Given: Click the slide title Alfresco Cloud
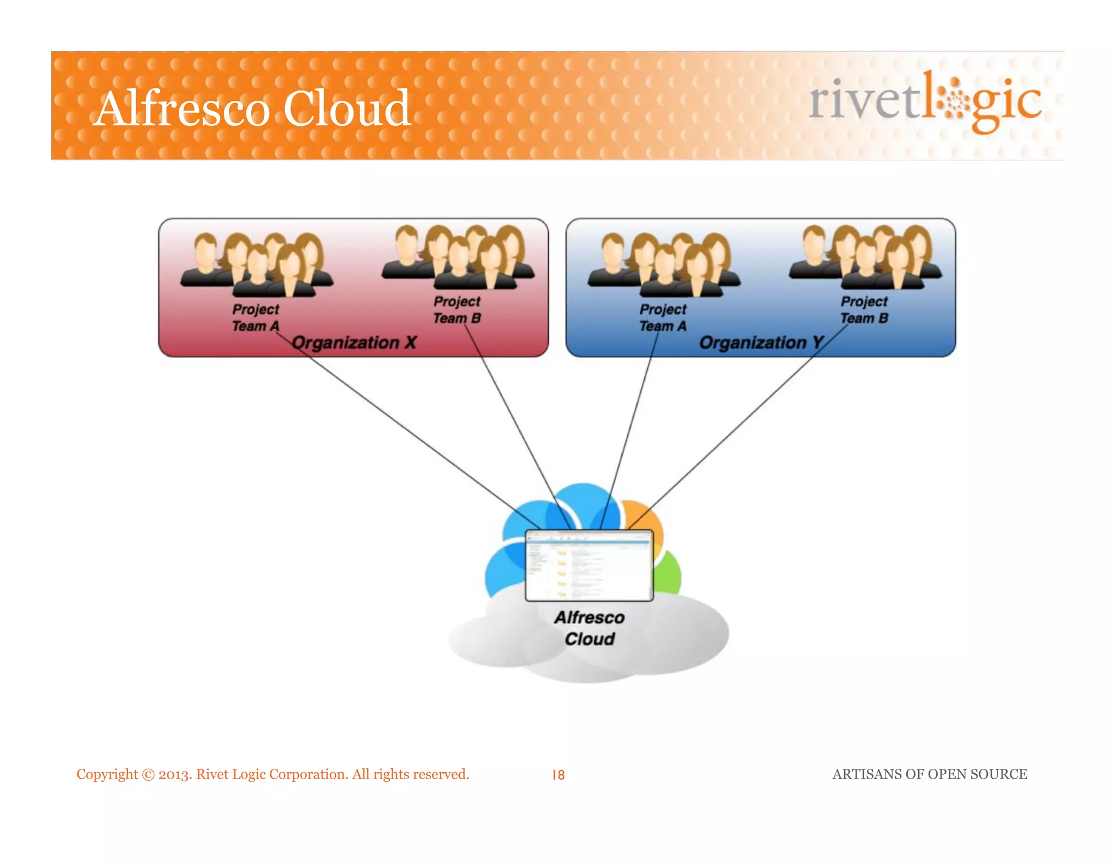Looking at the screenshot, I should [x=252, y=108].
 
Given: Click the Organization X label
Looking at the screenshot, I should [x=354, y=343].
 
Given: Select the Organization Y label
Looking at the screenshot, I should [x=761, y=343].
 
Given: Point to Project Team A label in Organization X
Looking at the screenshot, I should [x=256, y=318].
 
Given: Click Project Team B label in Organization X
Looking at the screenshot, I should [x=457, y=309].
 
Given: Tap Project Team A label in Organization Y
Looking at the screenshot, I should [x=663, y=318].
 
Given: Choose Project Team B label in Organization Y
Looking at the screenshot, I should [x=864, y=309].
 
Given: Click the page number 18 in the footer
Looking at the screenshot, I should [x=559, y=775].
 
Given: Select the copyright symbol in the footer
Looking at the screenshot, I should [x=148, y=775].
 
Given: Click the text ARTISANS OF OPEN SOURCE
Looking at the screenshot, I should [x=930, y=774].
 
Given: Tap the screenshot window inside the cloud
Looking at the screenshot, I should [x=589, y=566].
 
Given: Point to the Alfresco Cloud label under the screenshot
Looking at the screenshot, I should [x=590, y=628].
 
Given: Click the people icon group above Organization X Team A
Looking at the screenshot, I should [x=256, y=264].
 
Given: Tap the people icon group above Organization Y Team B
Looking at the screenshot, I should [x=865, y=256].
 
